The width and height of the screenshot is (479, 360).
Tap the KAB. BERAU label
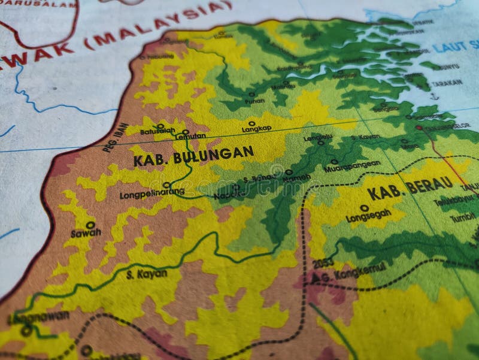tap(410, 189)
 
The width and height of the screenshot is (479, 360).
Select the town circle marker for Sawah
tap(90, 225)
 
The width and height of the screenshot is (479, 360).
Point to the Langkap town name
tap(256, 129)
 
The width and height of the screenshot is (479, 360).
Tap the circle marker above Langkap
tap(251, 123)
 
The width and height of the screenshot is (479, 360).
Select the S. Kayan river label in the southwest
tap(147, 274)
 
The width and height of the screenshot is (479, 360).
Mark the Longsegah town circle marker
tap(364, 208)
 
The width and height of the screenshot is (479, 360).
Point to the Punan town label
tap(254, 101)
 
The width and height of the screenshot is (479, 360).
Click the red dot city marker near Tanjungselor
tap(419, 128)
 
